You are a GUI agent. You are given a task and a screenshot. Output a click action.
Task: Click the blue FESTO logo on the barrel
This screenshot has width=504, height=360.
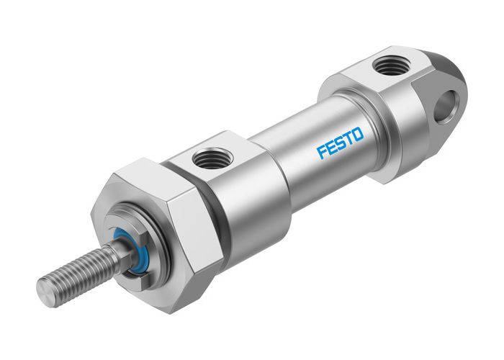coord(341,142)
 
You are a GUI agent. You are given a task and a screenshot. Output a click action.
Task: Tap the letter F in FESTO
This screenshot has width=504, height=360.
coord(322,151)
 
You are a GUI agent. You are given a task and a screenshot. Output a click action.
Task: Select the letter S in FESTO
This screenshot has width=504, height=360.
coord(340,143)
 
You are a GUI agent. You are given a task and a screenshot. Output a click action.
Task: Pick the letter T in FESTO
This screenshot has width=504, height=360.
coord(349,138)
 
